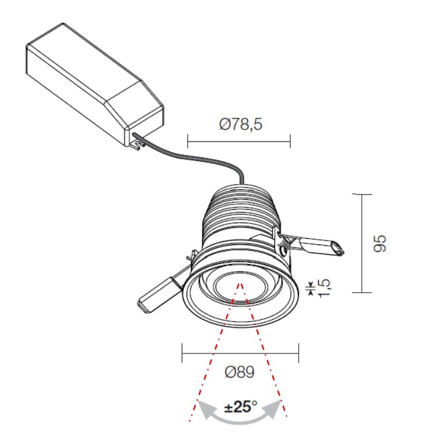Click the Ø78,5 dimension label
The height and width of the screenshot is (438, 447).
241,125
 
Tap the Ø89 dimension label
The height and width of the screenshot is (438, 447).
239,372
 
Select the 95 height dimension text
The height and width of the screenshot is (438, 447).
380,243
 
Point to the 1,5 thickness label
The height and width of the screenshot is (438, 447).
324,288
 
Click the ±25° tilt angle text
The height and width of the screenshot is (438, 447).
241,406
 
